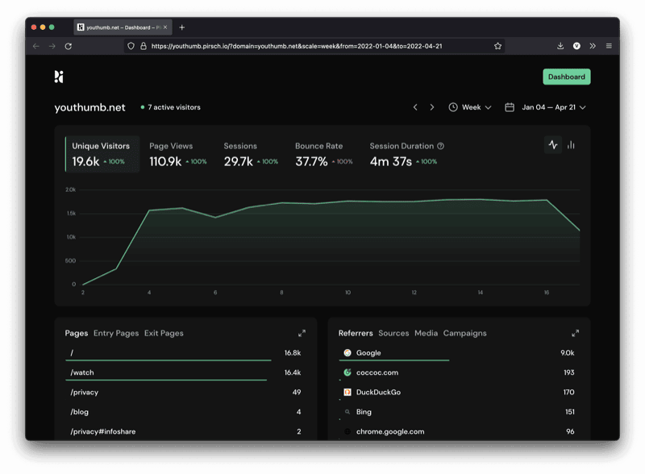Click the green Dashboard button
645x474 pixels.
pyautogui.click(x=566, y=77)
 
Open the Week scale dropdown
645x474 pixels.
pyautogui.click(x=470, y=107)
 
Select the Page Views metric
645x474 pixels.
pyautogui.click(x=171, y=146)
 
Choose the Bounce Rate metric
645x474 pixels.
pyautogui.click(x=318, y=146)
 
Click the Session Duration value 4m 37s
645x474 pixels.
pyautogui.click(x=391, y=161)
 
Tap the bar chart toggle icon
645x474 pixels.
pyautogui.click(x=571, y=145)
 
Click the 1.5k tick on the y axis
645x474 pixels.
pyautogui.click(x=71, y=214)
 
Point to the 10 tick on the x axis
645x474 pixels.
pyautogui.click(x=347, y=293)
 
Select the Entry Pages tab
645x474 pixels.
pyautogui.click(x=116, y=333)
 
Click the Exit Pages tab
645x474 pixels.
pyautogui.click(x=164, y=333)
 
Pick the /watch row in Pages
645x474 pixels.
pyautogui.click(x=82, y=372)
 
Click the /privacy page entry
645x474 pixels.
pyautogui.click(x=84, y=393)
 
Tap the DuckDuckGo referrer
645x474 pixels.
pyautogui.click(x=378, y=393)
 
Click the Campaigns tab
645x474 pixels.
pyautogui.click(x=464, y=333)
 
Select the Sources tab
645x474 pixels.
pyautogui.click(x=393, y=333)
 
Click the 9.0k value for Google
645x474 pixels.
pyautogui.click(x=568, y=353)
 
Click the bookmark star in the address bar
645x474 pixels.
pyautogui.click(x=497, y=46)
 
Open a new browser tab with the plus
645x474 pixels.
pyautogui.click(x=182, y=27)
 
